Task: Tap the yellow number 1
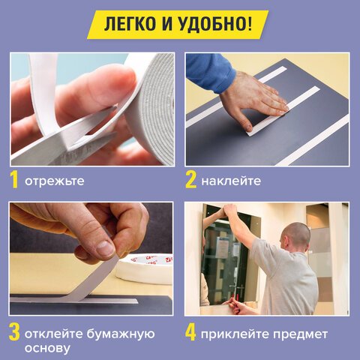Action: click(x=14, y=180)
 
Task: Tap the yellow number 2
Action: click(x=191, y=180)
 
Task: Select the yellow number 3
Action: click(x=14, y=333)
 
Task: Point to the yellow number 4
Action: click(x=191, y=333)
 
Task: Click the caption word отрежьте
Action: click(x=54, y=181)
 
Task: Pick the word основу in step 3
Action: click(x=47, y=349)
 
